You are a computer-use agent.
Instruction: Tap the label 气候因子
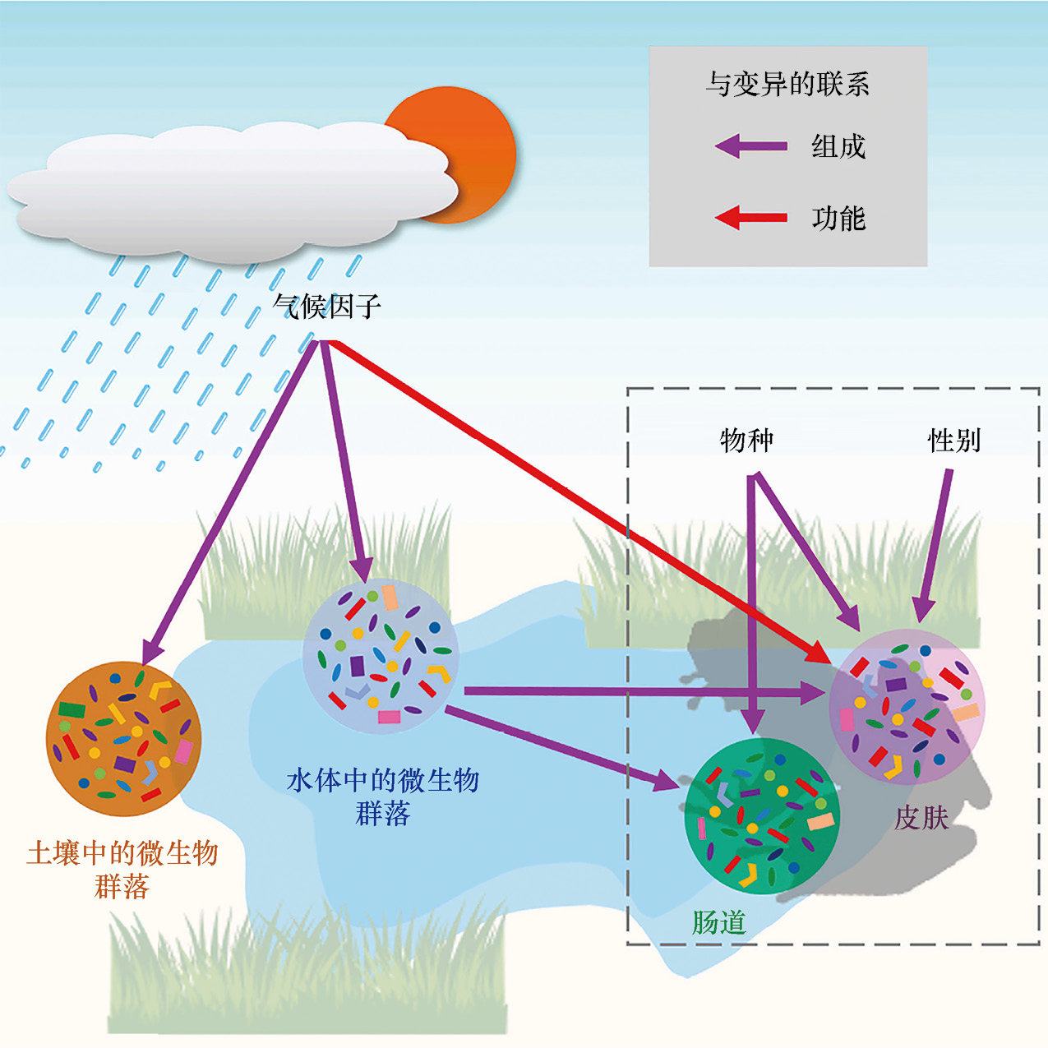pyautogui.click(x=326, y=307)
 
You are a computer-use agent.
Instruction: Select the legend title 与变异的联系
pyautogui.click(x=787, y=84)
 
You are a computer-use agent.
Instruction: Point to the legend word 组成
pyautogui.click(x=838, y=147)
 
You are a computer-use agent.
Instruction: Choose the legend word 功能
pyautogui.click(x=838, y=219)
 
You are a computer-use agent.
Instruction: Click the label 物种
pyautogui.click(x=746, y=441)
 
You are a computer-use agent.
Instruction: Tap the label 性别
pyautogui.click(x=954, y=441)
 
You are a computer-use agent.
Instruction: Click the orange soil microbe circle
pyautogui.click(x=123, y=739)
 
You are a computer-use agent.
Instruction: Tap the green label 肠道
pyautogui.click(x=718, y=922)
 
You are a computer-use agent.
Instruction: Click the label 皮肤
pyautogui.click(x=921, y=818)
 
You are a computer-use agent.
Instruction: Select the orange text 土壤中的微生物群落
pyautogui.click(x=122, y=870)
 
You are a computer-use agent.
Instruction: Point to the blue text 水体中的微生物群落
pyautogui.click(x=382, y=796)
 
